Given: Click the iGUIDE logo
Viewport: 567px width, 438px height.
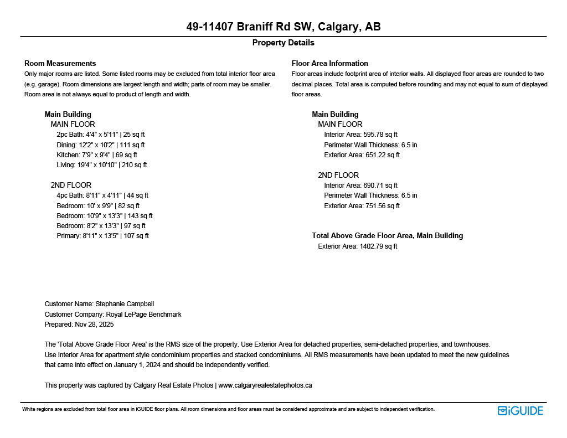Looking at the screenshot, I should (520, 410).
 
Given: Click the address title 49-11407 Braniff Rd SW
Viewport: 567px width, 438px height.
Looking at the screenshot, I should (283, 27).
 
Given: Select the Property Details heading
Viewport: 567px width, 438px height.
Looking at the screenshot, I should (283, 43).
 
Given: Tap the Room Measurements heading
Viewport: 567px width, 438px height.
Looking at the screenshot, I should (60, 63).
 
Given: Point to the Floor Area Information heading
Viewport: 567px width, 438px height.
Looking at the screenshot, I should (329, 63).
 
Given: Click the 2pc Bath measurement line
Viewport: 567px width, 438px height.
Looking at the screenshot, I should (100, 135).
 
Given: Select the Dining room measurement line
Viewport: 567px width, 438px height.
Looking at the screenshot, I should (100, 145).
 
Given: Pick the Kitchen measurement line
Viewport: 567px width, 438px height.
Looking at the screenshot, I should (96, 155).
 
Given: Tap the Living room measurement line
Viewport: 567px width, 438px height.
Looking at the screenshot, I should (101, 165).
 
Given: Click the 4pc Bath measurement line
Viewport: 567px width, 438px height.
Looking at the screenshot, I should (102, 195).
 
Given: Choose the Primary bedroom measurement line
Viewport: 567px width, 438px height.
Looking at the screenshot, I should (102, 236).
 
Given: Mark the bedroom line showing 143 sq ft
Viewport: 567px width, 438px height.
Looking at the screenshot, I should (104, 216).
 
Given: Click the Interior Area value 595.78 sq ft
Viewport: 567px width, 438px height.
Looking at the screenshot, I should (360, 135).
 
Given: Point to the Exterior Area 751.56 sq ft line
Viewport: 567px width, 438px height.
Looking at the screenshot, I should (362, 206).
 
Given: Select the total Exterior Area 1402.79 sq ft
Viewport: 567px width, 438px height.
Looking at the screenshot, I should (357, 246).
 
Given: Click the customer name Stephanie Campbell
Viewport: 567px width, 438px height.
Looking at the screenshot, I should (99, 304).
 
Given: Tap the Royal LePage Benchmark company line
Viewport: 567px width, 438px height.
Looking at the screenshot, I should (112, 315).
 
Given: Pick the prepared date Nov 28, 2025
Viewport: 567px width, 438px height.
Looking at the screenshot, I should (79, 324).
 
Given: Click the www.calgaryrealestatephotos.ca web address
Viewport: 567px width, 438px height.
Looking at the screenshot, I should (265, 385).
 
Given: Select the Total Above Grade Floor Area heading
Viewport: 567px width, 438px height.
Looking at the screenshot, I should (387, 235).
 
